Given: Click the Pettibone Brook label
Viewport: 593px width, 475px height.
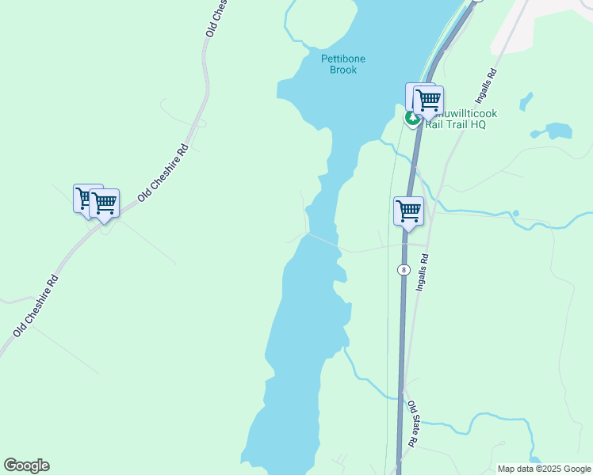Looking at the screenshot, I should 339,64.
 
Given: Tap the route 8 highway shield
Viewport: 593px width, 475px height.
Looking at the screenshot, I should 404,270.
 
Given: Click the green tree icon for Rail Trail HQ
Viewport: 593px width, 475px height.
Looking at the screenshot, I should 412,119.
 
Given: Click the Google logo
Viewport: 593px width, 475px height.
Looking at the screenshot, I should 26,465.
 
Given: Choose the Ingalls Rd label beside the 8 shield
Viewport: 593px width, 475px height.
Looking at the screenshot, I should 423,269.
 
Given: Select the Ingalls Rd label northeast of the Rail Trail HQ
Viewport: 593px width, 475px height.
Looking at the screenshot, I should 486,86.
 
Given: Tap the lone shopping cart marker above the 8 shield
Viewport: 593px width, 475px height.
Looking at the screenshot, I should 408,211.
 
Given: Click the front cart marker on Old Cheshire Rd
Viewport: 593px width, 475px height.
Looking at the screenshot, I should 105,203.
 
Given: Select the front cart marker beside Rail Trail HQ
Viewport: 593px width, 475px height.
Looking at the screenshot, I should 428,101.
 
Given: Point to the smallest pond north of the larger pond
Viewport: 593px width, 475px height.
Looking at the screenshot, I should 527,101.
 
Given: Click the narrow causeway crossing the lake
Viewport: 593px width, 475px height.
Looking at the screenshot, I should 323,240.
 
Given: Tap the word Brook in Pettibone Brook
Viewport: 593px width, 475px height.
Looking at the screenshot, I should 343,70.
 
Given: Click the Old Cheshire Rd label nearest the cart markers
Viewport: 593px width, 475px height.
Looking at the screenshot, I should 163,172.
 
